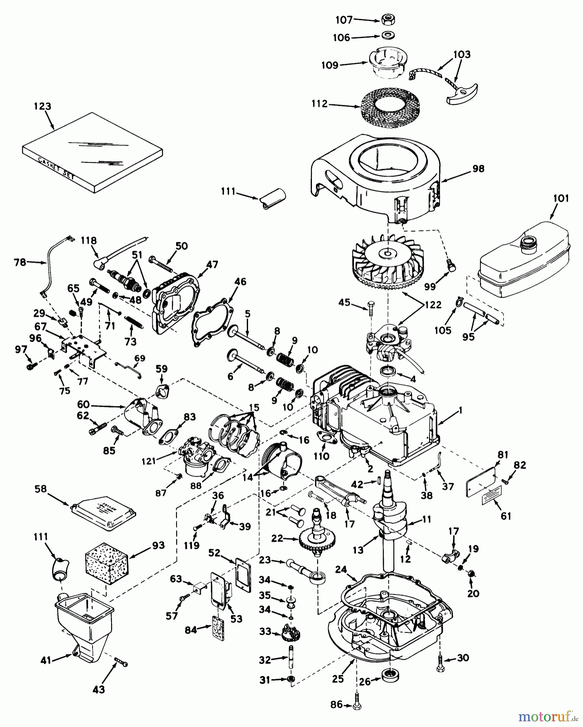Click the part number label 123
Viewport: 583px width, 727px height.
coord(42,106)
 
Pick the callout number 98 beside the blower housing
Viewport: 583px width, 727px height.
coord(478,168)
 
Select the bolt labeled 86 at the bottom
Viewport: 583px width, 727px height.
coord(357,704)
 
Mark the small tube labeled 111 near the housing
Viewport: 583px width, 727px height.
coord(273,200)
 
